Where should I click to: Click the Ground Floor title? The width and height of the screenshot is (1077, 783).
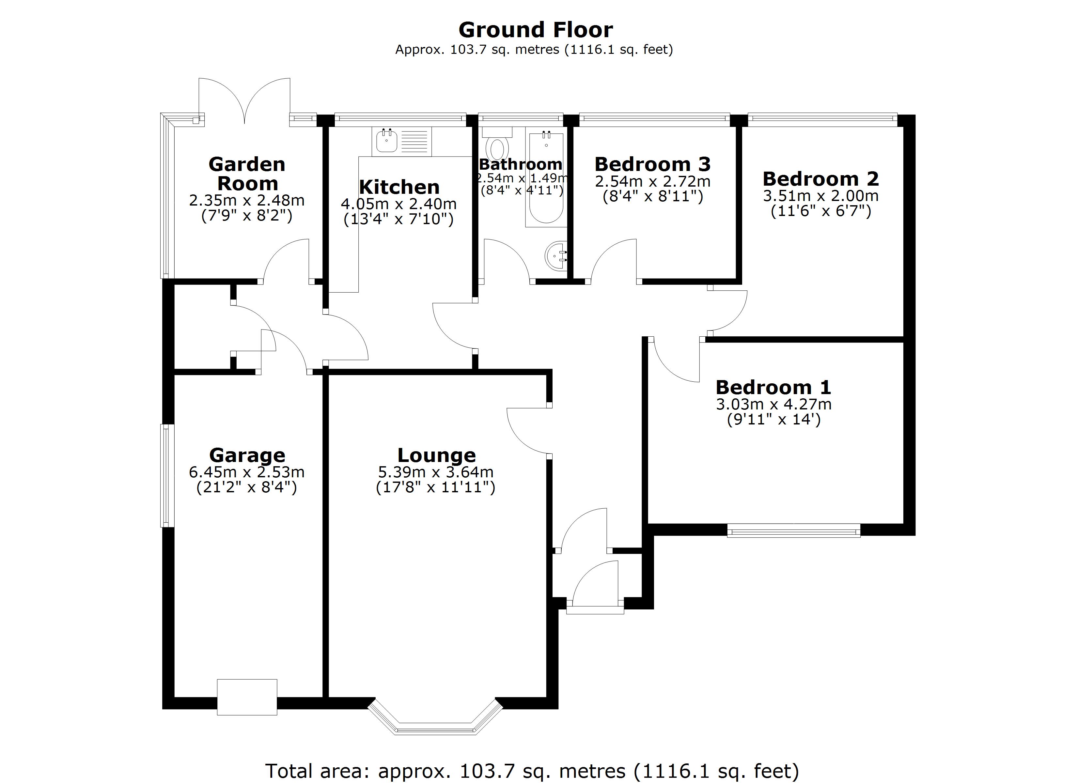[535, 30]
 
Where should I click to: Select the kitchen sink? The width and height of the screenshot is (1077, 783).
[386, 141]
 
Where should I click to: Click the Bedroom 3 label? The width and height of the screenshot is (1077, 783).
[652, 164]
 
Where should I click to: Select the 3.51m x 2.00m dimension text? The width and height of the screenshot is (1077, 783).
[820, 196]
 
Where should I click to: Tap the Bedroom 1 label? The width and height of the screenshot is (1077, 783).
[773, 388]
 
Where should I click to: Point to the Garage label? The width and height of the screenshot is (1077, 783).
[247, 455]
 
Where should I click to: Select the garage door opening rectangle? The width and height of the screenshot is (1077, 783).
[247, 697]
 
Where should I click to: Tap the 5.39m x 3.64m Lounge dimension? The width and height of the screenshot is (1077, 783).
[435, 472]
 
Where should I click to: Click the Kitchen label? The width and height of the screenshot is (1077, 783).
[399, 187]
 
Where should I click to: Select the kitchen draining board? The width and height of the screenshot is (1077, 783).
[414, 141]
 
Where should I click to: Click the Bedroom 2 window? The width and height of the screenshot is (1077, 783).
[822, 119]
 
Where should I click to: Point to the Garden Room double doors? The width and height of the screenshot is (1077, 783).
[244, 102]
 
